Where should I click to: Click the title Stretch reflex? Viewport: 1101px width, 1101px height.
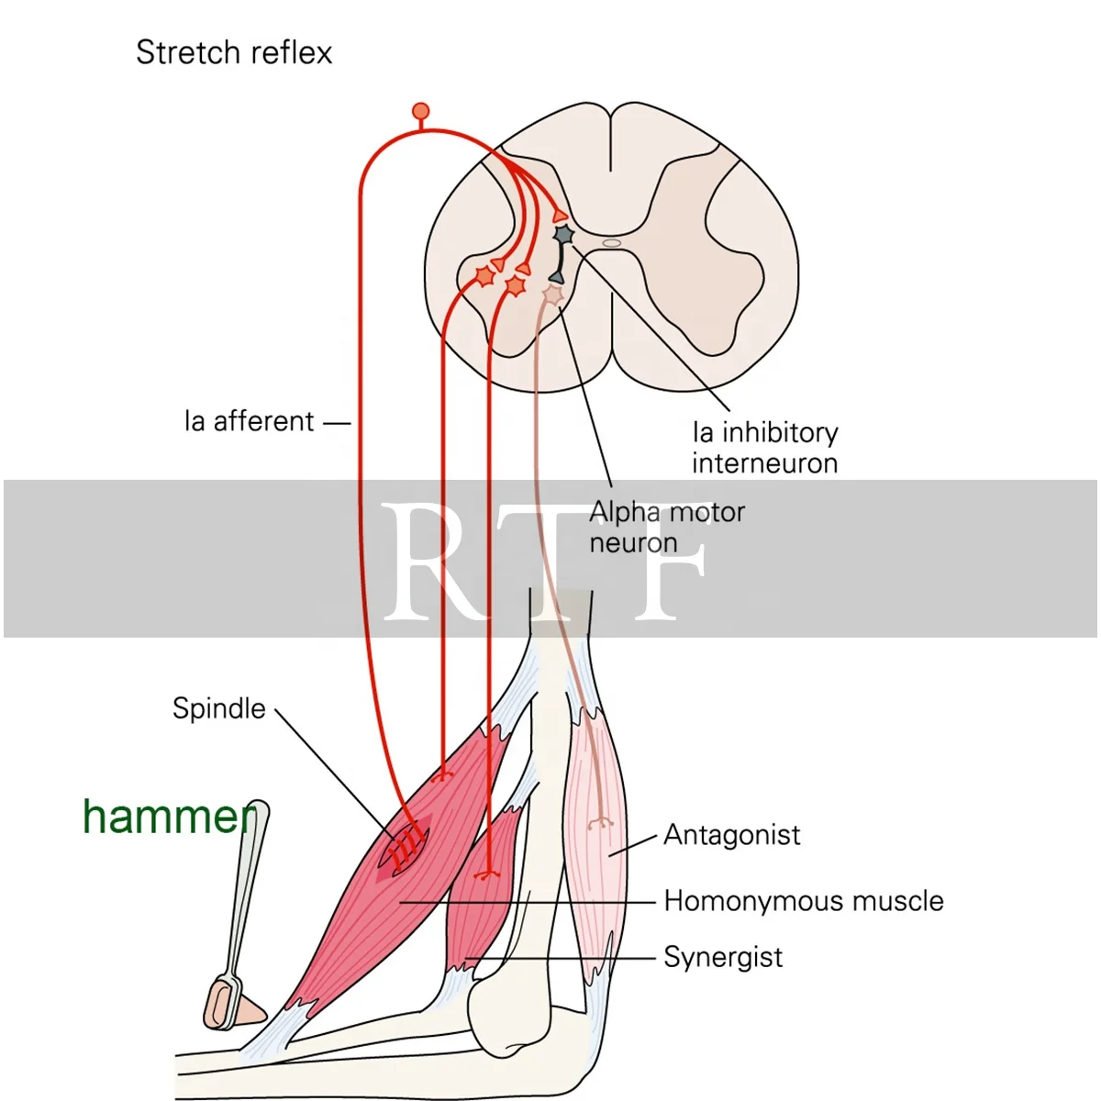(233, 52)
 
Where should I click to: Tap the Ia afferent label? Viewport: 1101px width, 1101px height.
(250, 422)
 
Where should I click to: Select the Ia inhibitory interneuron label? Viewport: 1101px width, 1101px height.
(764, 447)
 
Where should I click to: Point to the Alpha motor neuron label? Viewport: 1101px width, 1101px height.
(666, 527)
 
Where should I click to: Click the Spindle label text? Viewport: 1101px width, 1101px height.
(218, 708)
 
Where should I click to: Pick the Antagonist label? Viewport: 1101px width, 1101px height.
(731, 835)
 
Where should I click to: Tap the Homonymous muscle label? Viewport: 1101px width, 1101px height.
(803, 901)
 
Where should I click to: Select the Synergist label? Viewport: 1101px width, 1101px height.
(723, 957)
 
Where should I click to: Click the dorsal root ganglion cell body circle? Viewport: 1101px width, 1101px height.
(421, 112)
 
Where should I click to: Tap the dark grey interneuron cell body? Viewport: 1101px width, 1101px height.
(563, 236)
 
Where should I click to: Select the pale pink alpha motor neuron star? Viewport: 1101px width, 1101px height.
(552, 295)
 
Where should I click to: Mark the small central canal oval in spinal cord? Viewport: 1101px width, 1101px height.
(612, 243)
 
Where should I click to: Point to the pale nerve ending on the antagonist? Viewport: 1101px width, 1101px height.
(602, 822)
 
